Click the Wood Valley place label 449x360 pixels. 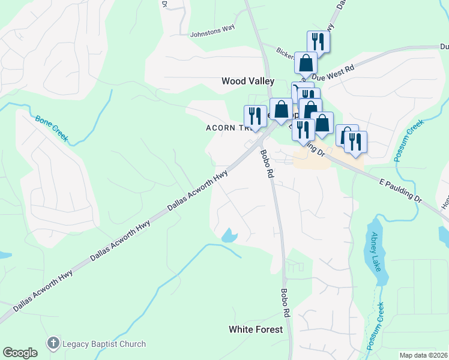(247, 81)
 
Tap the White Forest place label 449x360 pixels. (255, 329)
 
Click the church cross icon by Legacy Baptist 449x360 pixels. (53, 344)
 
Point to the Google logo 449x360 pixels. (20, 353)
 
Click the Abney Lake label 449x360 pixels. (376, 251)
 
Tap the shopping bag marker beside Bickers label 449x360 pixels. (306, 62)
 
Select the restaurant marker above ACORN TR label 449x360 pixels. (255, 116)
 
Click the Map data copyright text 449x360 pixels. (423, 355)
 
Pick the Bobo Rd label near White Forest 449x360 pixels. (286, 304)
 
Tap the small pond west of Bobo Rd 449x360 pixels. (229, 236)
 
